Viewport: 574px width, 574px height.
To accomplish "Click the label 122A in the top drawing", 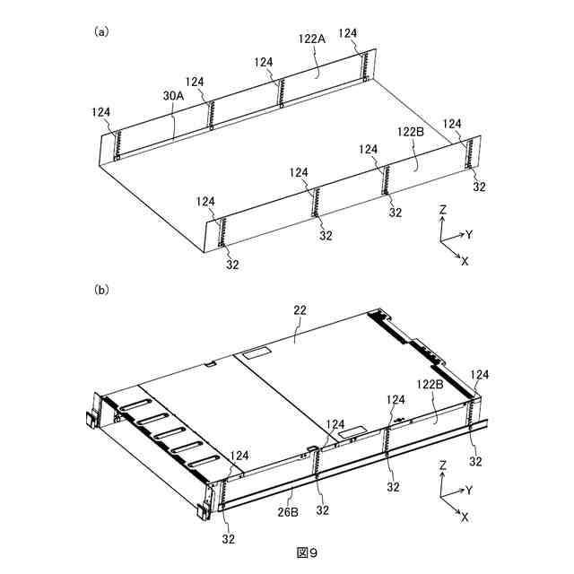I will point(311,39).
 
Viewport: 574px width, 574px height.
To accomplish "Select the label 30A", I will point(173,94).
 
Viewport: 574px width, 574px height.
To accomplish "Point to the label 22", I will point(300,309).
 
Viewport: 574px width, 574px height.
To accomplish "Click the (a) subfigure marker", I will point(101,31).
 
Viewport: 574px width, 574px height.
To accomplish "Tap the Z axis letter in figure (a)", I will point(443,209).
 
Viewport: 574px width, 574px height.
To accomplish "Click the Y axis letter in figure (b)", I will point(468,491).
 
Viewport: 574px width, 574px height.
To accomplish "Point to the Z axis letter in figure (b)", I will point(443,466).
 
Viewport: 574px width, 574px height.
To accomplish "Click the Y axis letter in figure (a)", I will point(468,234).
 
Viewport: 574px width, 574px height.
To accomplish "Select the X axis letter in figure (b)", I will point(464,517).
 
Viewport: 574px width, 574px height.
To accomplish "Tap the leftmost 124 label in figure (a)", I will point(101,112).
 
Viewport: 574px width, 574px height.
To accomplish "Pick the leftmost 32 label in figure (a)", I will point(232,265).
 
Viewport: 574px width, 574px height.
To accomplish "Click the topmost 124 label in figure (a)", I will point(348,33).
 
